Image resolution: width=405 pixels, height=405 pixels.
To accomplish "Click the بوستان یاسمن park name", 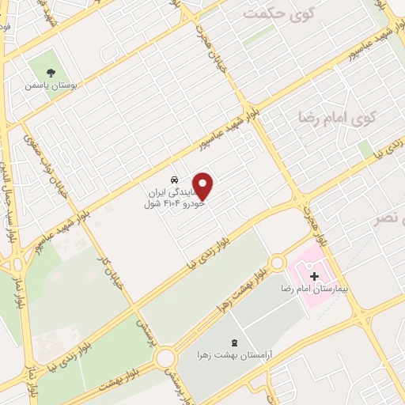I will pyautogui.click(x=49, y=85).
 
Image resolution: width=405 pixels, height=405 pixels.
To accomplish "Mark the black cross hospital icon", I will pyautogui.click(x=316, y=277).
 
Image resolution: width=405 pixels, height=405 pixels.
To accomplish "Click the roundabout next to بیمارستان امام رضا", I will pyautogui.click(x=278, y=262).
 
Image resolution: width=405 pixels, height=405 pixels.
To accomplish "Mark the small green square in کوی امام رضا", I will pyautogui.click(x=364, y=149).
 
